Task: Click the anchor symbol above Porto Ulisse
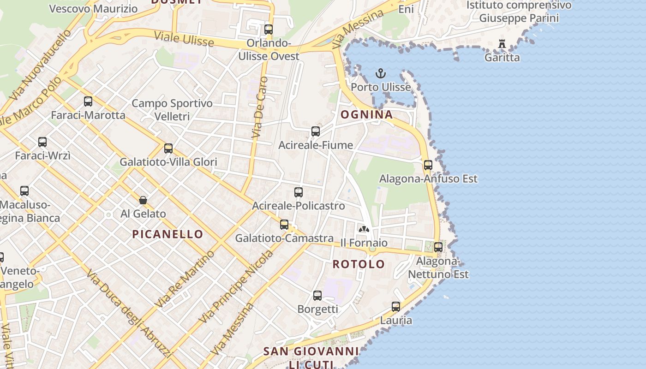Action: click(380, 74)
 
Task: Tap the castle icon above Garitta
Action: click(502, 44)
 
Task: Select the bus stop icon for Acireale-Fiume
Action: click(316, 131)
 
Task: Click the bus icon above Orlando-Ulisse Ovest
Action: click(269, 30)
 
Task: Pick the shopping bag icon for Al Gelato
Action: click(143, 200)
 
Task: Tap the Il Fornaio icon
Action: click(364, 229)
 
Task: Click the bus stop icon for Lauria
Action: click(396, 306)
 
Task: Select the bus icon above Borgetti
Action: click(317, 295)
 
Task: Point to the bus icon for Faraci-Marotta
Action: click(88, 101)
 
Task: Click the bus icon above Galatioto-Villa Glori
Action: click(168, 149)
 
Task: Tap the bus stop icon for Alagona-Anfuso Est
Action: click(428, 165)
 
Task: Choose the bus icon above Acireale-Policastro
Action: click(299, 192)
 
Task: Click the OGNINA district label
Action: click(366, 114)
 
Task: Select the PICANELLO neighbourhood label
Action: click(167, 234)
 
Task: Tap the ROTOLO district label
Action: click(359, 264)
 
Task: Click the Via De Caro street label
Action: click(259, 108)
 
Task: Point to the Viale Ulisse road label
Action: click(184, 39)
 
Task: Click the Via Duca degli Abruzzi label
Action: click(128, 314)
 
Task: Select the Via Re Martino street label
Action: click(185, 279)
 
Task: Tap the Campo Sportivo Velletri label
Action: click(172, 109)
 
